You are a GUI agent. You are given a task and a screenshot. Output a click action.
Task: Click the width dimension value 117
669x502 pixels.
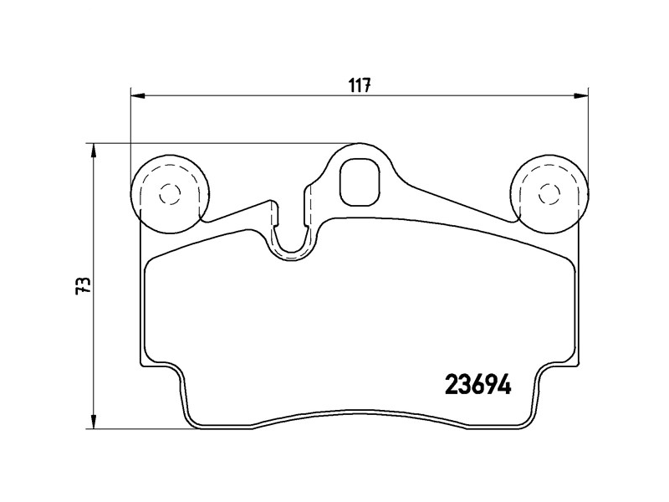pos(360,85)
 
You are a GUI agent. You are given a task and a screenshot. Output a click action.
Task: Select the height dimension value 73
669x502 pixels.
pos(82,285)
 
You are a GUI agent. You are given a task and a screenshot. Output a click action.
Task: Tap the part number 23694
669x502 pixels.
pos(476,387)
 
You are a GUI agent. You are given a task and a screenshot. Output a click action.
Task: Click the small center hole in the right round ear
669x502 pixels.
pos(549,192)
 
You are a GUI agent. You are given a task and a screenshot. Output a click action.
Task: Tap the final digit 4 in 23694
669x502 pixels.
pos(503,387)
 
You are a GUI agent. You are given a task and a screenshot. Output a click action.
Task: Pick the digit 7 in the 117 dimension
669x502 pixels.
pos(366,85)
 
